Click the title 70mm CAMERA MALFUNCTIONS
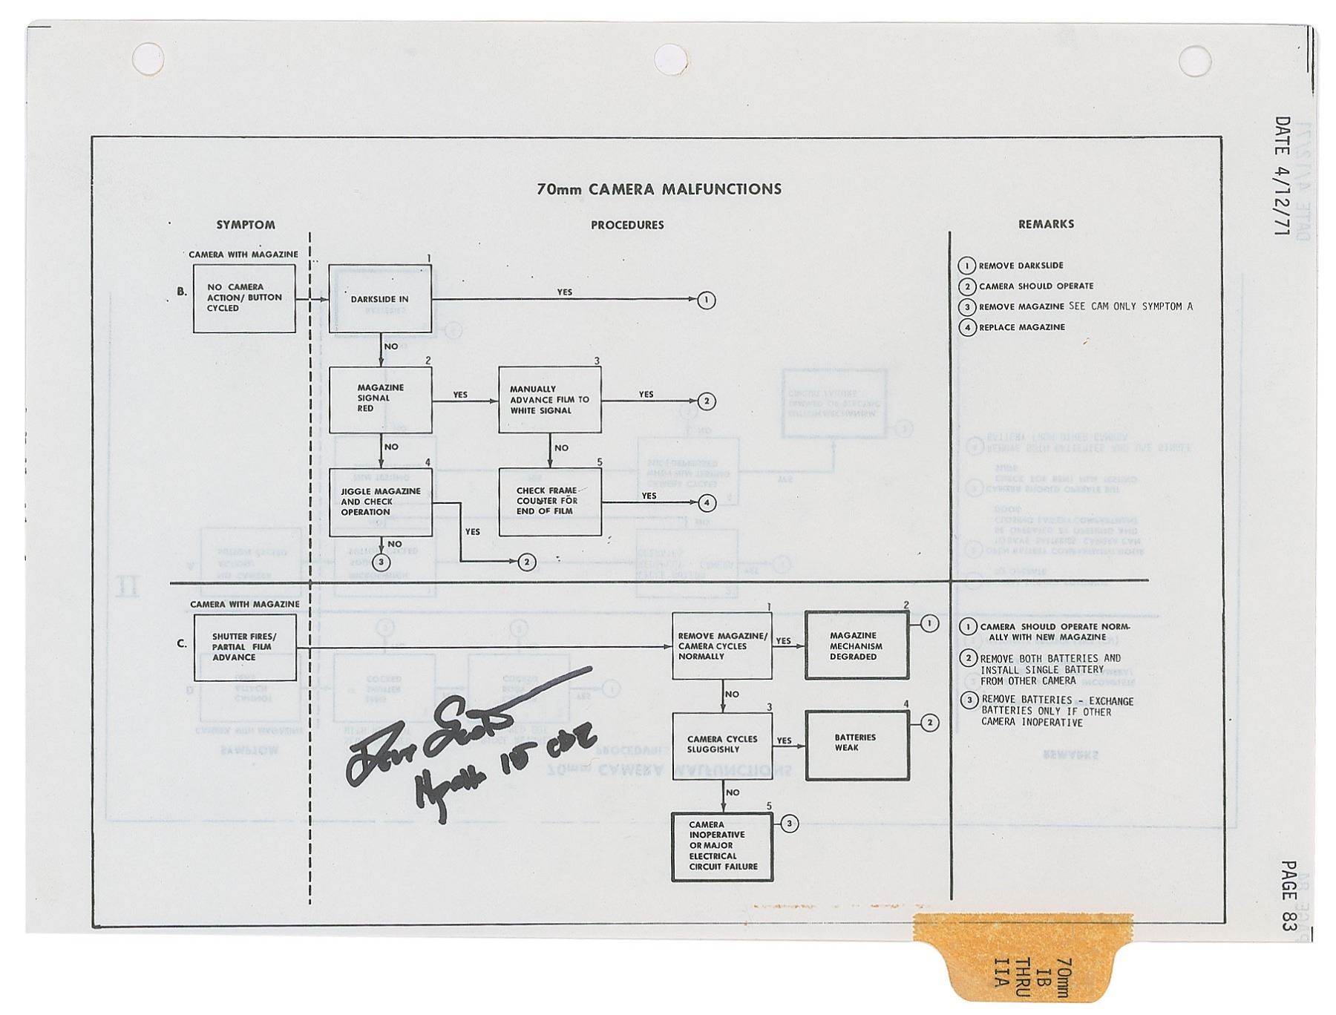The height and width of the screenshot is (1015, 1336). point(658,189)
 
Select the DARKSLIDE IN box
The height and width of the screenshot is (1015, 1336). point(380,298)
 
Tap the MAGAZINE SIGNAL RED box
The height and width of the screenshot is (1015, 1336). point(380,399)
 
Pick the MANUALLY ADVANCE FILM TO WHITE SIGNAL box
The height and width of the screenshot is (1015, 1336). point(549,399)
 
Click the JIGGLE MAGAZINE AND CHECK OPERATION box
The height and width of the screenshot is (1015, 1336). point(380,502)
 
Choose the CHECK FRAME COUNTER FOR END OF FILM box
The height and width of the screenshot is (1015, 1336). point(549,502)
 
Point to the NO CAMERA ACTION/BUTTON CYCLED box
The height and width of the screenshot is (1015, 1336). point(244,298)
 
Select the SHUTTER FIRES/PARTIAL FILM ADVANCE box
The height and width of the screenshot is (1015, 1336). point(245,647)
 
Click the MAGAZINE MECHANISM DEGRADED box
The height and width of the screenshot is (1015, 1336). point(857,646)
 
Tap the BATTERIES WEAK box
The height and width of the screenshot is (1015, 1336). point(857,744)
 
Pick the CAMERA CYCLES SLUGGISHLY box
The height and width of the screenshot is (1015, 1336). point(722,744)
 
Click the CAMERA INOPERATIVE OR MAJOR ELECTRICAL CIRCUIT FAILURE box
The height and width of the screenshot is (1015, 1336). point(722,846)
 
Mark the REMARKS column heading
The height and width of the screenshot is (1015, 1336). point(1046,224)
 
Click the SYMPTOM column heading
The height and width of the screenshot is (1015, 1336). point(246,225)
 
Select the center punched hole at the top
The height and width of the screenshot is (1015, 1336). point(669,59)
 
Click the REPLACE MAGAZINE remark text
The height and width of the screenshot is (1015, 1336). point(1021,327)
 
